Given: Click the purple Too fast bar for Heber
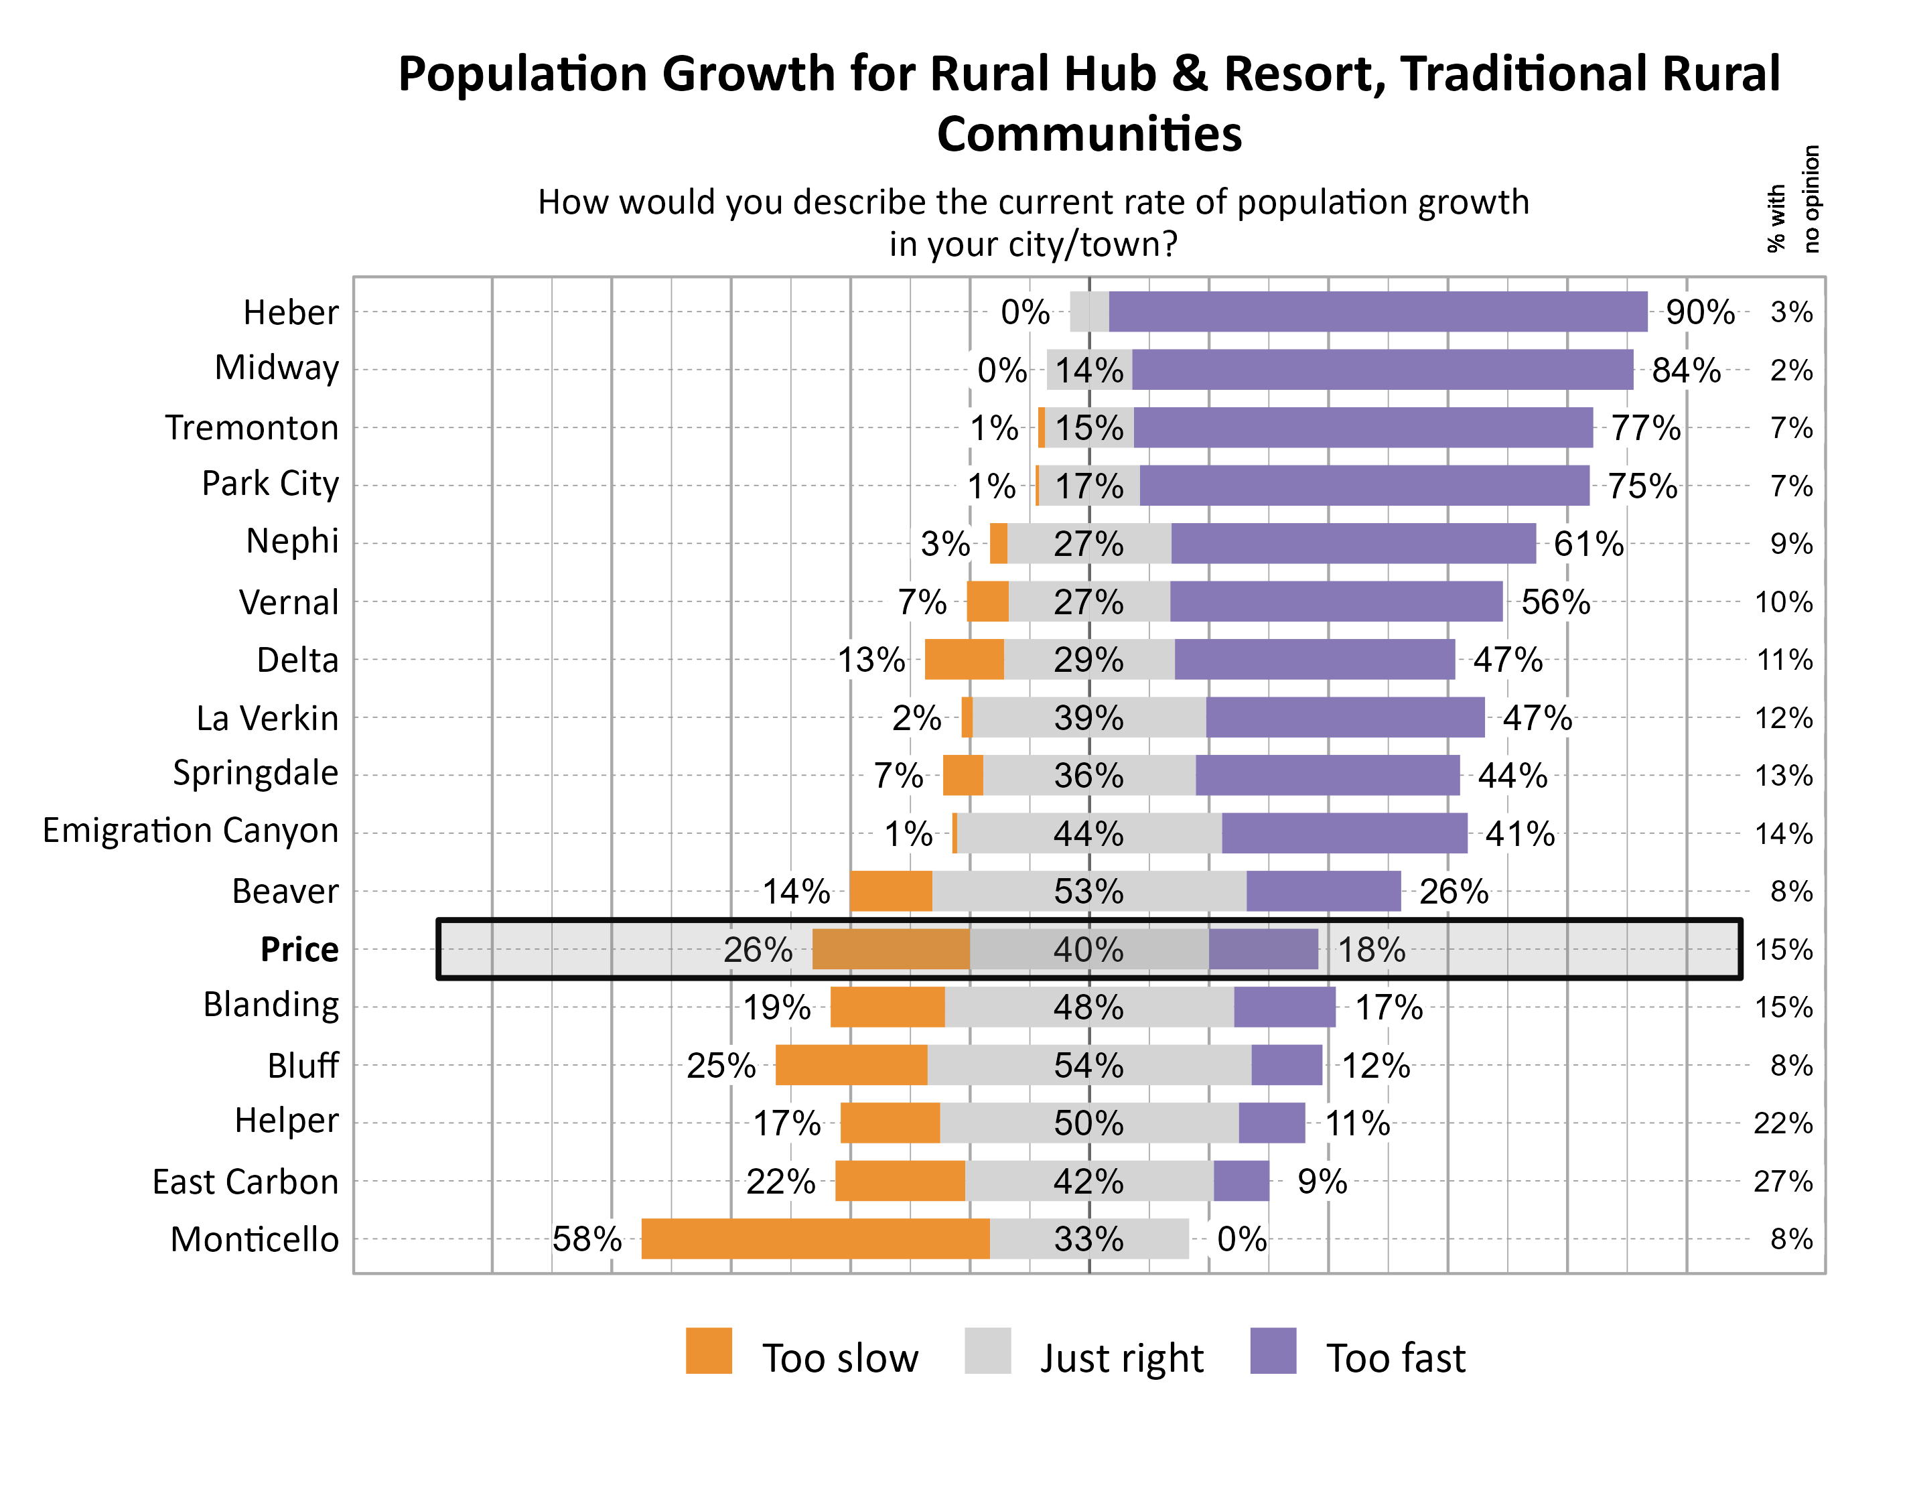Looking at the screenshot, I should click(x=1378, y=312).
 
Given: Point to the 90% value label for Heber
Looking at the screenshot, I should click(x=1699, y=312).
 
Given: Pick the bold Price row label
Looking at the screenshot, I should click(x=299, y=949).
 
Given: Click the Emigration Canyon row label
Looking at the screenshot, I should click(x=190, y=831).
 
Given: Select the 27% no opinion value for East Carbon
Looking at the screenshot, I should click(x=1782, y=1181).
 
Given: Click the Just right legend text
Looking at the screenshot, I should click(x=1121, y=1358).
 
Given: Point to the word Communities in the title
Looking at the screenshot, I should click(x=1089, y=134).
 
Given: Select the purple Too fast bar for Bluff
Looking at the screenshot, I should click(x=1286, y=1065).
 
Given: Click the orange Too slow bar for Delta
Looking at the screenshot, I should click(x=963, y=659).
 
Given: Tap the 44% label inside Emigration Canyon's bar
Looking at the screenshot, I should click(x=1088, y=834).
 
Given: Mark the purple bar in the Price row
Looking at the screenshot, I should click(x=1263, y=949).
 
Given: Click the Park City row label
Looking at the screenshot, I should click(x=270, y=484).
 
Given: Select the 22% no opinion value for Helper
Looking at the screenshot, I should click(x=1782, y=1123).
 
